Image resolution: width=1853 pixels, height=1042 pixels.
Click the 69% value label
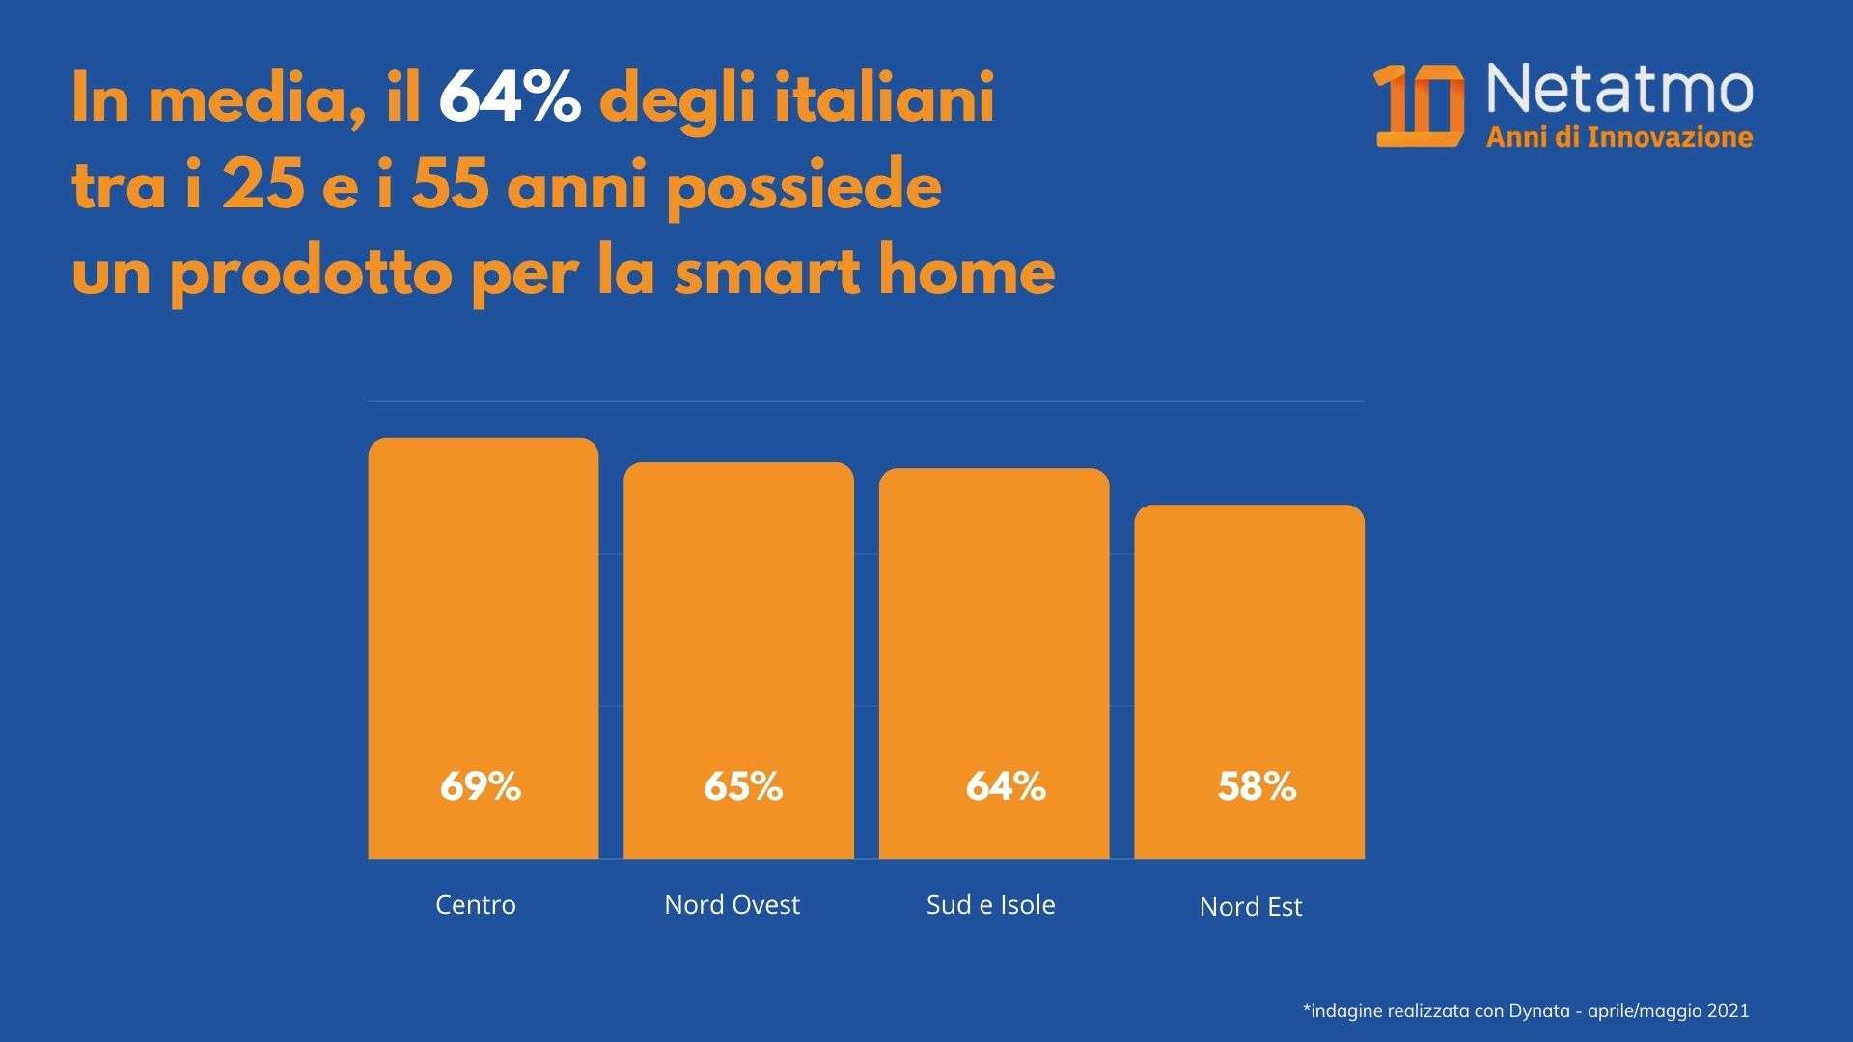[481, 786]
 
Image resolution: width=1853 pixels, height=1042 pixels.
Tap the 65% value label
[743, 786]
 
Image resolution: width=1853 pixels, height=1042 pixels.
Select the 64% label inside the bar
[1006, 786]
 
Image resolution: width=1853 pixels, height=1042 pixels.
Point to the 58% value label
[1257, 786]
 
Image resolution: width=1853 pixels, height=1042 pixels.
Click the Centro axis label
[476, 905]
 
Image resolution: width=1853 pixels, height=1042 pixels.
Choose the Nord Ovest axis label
[732, 905]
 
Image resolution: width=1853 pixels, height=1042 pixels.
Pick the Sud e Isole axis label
[990, 905]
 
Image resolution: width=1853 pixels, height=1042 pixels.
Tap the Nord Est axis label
[1251, 907]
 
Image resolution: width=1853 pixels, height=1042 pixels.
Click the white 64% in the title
[511, 97]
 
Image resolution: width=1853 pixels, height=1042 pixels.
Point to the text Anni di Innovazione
[1619, 137]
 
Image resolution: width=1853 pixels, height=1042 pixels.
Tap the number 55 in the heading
[451, 184]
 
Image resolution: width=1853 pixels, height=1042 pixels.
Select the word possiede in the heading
[804, 188]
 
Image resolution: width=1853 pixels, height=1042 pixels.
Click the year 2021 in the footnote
[1728, 1011]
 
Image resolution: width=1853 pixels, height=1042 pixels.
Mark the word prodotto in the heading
[312, 275]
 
